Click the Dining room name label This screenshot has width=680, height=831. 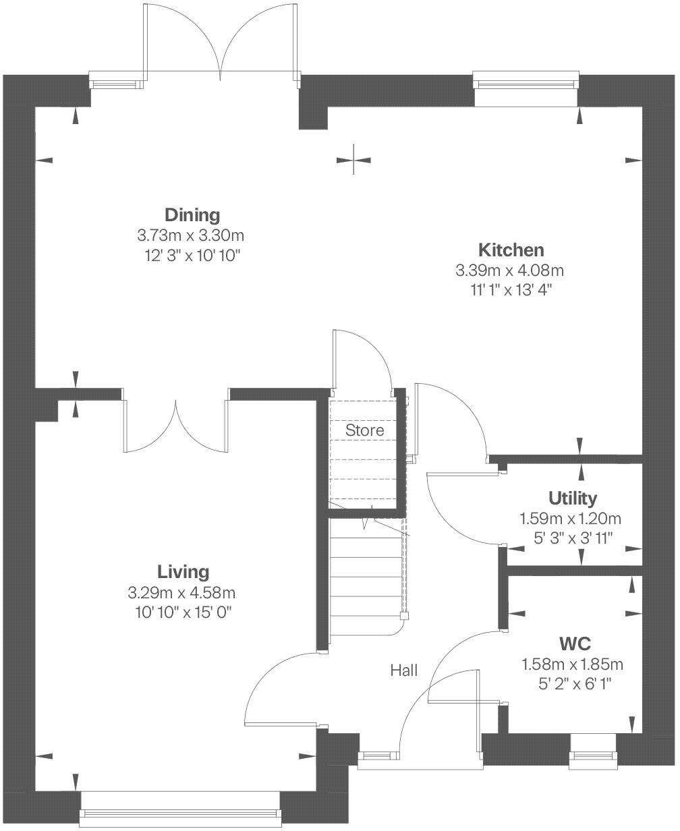coord(192,215)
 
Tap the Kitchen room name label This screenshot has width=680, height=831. coord(511,250)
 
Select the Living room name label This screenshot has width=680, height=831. coord(183,572)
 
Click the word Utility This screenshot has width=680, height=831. coord(572,498)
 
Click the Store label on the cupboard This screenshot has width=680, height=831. coord(364,430)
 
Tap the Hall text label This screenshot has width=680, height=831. coord(403,670)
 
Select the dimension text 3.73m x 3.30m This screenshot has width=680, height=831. coord(190,235)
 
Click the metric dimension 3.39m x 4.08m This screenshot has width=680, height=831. coord(509,270)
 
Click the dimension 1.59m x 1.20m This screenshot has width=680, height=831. coord(570,519)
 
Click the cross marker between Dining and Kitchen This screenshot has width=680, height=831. coord(354,160)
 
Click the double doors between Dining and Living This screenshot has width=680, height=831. coord(176,425)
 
